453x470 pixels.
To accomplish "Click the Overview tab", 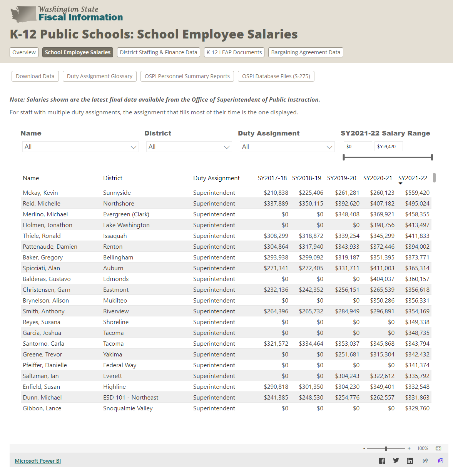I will (24, 52).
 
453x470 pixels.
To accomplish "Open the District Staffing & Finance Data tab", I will (158, 52).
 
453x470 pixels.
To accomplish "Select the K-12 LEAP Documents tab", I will (234, 52).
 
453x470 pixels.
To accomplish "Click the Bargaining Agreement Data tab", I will (306, 52).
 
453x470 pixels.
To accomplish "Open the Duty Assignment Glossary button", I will (99, 76).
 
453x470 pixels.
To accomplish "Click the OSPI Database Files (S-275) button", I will (276, 76).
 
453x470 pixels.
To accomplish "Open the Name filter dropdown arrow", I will (134, 147).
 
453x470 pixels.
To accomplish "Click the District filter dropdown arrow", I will (227, 147).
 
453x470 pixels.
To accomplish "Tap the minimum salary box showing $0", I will (358, 147).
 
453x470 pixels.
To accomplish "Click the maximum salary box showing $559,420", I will (388, 147).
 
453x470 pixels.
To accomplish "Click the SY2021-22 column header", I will (413, 178).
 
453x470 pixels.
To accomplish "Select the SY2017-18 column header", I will (272, 178).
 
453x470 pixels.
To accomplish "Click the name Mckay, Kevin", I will (40, 193).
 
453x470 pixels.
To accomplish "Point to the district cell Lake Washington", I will (126, 225).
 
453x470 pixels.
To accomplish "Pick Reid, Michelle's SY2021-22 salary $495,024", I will (417, 204).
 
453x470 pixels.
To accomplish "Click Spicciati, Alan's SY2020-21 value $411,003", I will (382, 268).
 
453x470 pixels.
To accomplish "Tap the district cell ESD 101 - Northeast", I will (130, 398).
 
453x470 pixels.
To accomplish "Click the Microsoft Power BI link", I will (38, 461).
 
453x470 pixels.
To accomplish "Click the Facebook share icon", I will (382, 461).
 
